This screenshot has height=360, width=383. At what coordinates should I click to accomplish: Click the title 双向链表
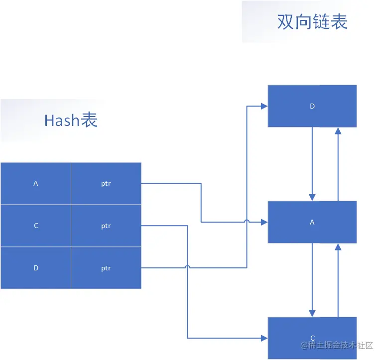click(x=312, y=22)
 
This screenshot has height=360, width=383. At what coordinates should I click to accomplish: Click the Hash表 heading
click(x=71, y=120)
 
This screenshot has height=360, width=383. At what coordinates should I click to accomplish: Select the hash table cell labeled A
click(x=36, y=183)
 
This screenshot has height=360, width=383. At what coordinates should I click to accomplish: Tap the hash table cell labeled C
click(x=36, y=226)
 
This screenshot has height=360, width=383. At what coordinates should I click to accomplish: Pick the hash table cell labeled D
click(x=36, y=268)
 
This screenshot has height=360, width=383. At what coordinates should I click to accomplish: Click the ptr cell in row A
click(x=106, y=183)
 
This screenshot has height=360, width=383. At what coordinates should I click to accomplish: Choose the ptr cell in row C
click(x=106, y=226)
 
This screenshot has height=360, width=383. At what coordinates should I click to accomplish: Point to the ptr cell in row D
click(x=106, y=268)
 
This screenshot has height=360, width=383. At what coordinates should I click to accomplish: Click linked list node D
click(x=312, y=106)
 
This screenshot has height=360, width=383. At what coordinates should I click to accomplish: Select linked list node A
click(x=312, y=222)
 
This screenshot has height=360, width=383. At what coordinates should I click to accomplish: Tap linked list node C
click(x=312, y=338)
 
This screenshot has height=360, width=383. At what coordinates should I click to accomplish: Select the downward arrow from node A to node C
click(x=312, y=279)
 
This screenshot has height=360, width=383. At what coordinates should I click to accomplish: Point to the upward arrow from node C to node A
click(x=338, y=279)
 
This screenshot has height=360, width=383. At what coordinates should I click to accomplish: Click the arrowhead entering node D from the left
click(x=263, y=106)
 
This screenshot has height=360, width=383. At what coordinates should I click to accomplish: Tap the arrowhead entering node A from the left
click(x=263, y=222)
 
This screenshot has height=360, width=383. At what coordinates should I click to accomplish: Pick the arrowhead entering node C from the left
click(x=263, y=338)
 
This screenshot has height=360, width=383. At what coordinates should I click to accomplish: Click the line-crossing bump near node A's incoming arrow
click(x=247, y=222)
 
